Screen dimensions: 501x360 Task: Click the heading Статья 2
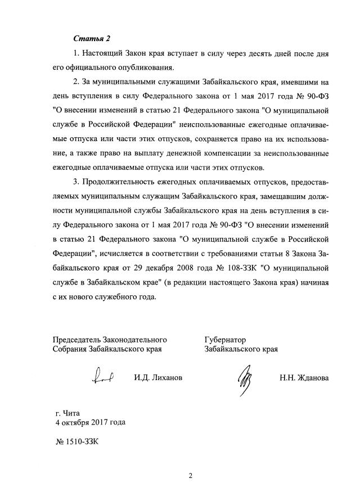coord(92,38)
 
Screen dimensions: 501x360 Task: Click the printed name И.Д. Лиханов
coord(158,378)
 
